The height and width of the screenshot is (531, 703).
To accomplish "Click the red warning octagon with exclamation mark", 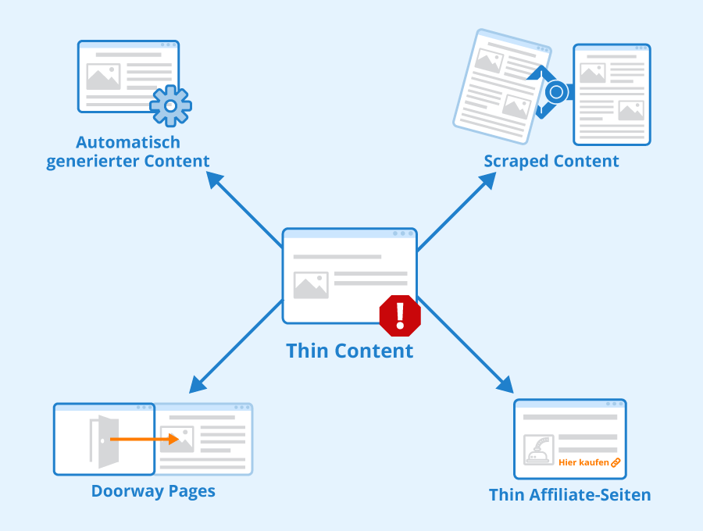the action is coord(400,315).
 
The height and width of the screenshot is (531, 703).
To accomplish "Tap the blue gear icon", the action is coord(170,106).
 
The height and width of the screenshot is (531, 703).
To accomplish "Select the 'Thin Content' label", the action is coord(349,351).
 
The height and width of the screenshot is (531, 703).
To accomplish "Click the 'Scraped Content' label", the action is coord(551,162).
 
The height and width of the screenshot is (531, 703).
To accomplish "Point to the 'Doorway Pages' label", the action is coord(153,491).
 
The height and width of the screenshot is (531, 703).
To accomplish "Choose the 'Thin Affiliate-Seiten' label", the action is coord(570,495).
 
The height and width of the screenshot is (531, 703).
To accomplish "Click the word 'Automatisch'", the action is coord(128,142).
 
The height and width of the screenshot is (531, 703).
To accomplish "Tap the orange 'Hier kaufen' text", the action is coord(583,462).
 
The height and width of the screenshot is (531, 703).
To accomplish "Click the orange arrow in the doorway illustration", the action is coord(145,439).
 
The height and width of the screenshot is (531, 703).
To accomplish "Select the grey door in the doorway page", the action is coord(105,441).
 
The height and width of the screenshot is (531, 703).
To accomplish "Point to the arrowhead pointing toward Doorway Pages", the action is coord(198,384).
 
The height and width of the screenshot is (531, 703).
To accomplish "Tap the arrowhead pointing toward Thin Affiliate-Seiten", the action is coord(505,384).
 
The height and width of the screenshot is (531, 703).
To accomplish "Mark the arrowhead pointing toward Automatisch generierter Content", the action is coord(215,180).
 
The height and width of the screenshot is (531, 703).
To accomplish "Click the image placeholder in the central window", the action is coord(311,285).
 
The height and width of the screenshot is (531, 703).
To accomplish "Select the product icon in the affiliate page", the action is coord(538,450).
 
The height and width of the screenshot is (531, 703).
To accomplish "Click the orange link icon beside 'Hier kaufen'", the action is coord(616,462).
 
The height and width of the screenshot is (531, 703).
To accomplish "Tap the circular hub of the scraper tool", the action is coord(556,92).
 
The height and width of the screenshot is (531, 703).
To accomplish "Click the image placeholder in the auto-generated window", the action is coord(103,77).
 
